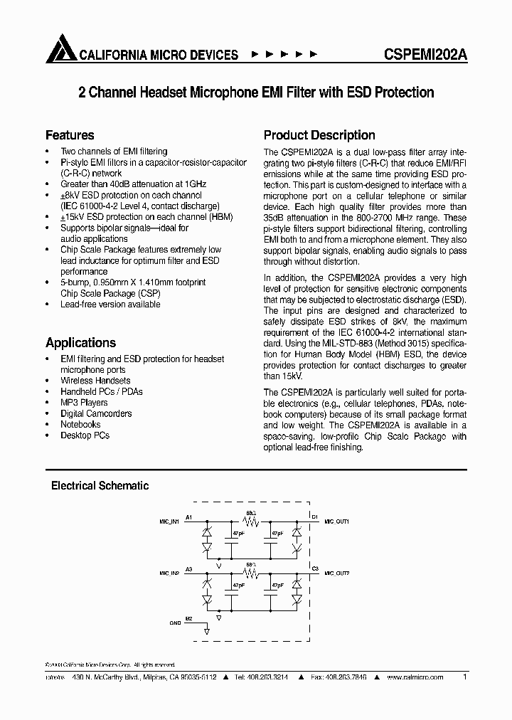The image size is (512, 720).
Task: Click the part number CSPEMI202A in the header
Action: (424, 55)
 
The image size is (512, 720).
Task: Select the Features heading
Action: (70, 135)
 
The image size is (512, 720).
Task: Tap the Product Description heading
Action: (319, 135)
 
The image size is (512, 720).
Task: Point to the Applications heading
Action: (80, 342)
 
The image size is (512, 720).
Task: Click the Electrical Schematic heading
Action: (100, 485)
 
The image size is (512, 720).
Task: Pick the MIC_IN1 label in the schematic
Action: (169, 522)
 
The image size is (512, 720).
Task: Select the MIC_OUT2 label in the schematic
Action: (337, 572)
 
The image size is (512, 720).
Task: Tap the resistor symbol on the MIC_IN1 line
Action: (249, 519)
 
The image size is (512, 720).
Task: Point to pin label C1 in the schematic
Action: (315, 516)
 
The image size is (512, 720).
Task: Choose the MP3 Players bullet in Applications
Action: (84, 403)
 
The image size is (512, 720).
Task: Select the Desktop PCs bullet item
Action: (85, 435)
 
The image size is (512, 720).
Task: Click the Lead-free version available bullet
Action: (110, 304)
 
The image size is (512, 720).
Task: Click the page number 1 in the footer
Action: (464, 677)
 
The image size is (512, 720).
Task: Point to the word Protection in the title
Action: (403, 92)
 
